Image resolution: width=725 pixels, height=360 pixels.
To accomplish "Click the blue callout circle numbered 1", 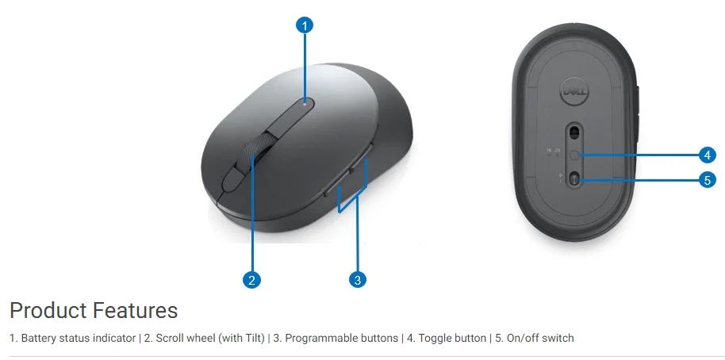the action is click(x=305, y=25).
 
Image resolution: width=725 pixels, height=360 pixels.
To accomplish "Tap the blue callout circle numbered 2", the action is click(x=251, y=280).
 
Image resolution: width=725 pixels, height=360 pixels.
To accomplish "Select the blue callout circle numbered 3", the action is click(x=358, y=279).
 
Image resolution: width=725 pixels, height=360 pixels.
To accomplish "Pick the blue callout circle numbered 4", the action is click(x=707, y=155).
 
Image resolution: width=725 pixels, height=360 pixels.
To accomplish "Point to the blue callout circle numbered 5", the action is click(x=707, y=179).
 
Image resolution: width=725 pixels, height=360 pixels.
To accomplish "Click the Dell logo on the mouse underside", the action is click(x=574, y=93).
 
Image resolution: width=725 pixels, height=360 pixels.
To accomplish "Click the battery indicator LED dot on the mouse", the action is click(x=305, y=104).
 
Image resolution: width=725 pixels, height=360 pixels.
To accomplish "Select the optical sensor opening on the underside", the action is click(x=575, y=132).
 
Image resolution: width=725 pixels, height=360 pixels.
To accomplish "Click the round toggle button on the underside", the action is click(x=575, y=155).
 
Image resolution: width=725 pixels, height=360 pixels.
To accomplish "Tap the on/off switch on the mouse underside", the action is click(x=575, y=178).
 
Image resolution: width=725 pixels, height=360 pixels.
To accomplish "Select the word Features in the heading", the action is click(x=135, y=310).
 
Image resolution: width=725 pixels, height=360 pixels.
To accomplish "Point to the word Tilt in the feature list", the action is click(x=255, y=339).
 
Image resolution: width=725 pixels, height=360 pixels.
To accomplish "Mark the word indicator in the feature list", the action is click(x=113, y=339).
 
